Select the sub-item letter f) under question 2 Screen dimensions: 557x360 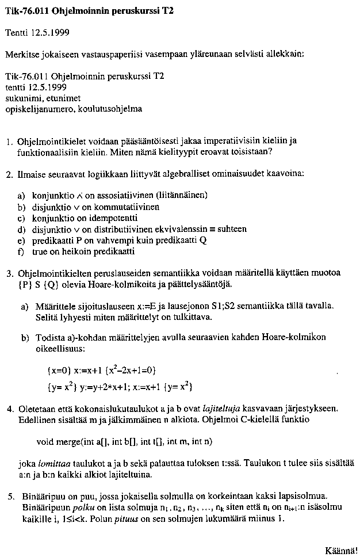pyautogui.click(x=21, y=251)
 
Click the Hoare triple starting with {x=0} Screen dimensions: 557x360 pyautogui.click(x=102, y=369)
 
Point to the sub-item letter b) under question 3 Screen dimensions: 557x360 pyautogui.click(x=25, y=337)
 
